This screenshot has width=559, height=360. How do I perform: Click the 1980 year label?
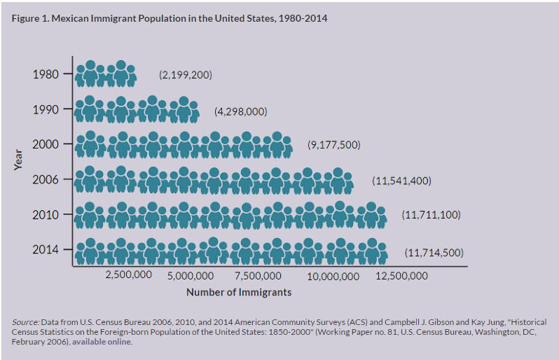click(46, 74)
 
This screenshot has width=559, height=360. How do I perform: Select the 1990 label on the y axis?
click(46, 109)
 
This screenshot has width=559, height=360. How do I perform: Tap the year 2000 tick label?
click(46, 144)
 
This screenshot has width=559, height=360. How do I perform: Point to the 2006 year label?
click(46, 180)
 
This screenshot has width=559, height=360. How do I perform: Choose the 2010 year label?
click(46, 215)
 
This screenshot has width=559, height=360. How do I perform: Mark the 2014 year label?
click(46, 249)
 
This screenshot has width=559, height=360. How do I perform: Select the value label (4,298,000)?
click(240, 111)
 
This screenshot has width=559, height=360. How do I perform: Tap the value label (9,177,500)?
click(333, 145)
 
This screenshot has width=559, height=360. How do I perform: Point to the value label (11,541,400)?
click(401, 181)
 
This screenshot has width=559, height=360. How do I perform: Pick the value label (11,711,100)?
click(431, 215)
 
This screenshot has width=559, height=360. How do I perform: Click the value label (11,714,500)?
click(434, 252)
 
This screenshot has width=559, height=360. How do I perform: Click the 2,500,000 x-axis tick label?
click(128, 275)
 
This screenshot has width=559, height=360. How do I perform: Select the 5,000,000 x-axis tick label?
click(191, 276)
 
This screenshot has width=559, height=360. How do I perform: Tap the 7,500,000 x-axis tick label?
click(258, 276)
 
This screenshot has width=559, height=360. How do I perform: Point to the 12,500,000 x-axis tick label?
click(401, 276)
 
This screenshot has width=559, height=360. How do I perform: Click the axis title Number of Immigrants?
click(238, 292)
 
